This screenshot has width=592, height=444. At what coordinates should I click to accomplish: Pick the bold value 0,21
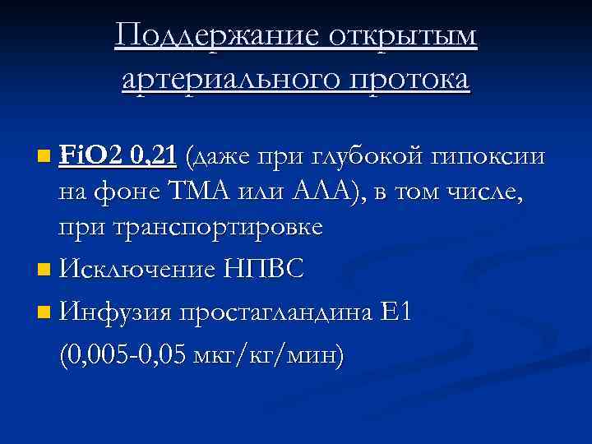coord(156,154)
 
